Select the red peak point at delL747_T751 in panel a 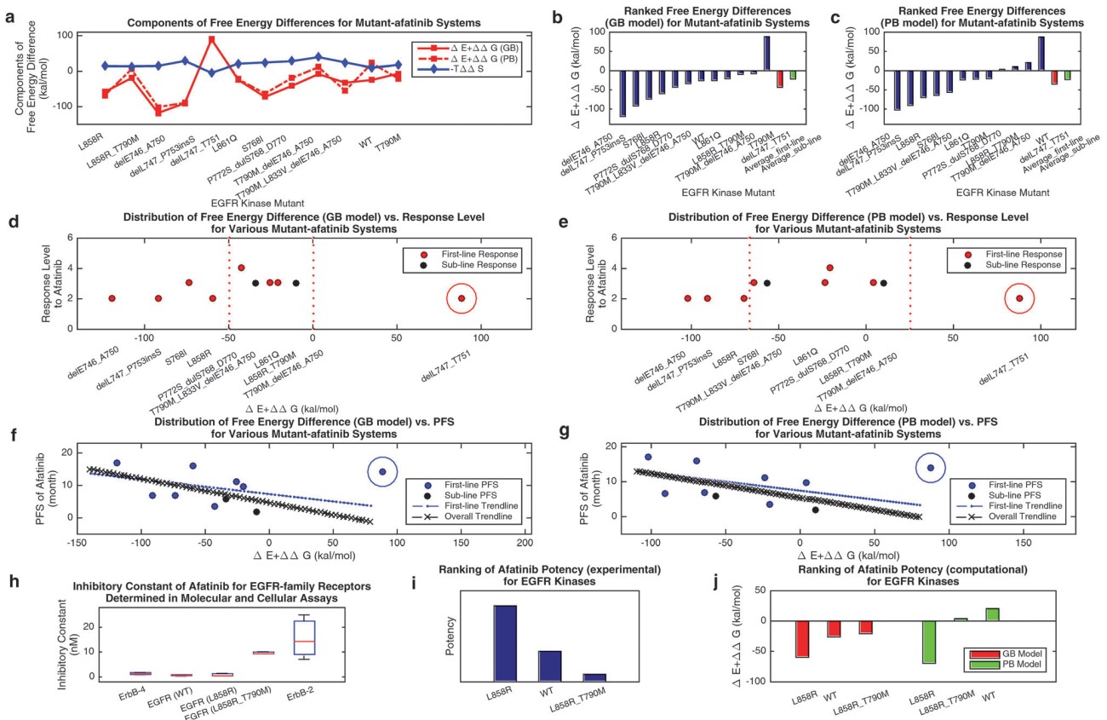pyautogui.click(x=212, y=39)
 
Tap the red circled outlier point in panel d pyautogui.click(x=461, y=298)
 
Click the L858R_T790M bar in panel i pyautogui.click(x=595, y=677)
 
